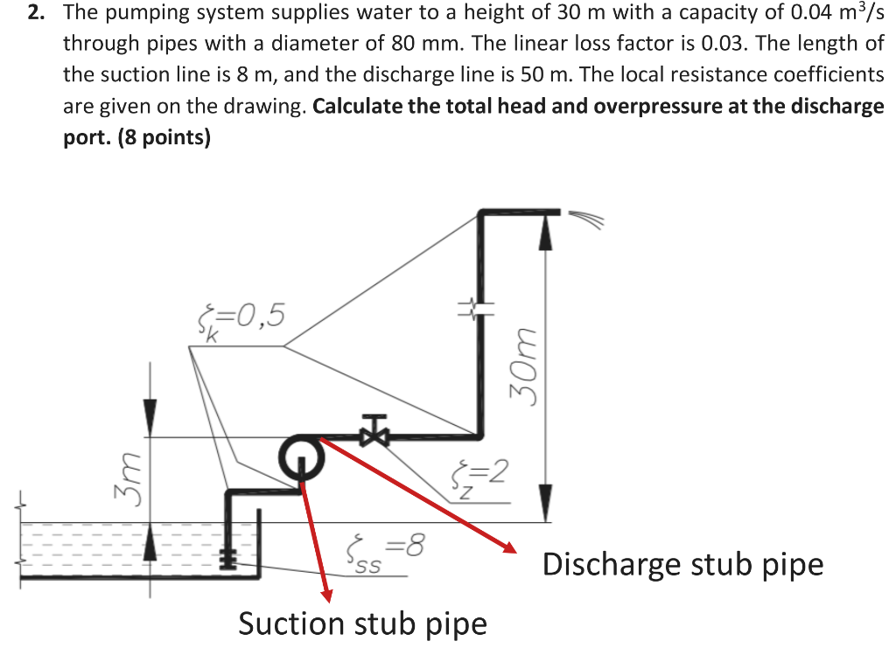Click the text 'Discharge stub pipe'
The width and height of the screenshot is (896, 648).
tap(682, 565)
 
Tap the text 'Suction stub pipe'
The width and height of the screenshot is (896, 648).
tap(362, 624)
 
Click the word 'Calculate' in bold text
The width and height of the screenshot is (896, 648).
tap(357, 108)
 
